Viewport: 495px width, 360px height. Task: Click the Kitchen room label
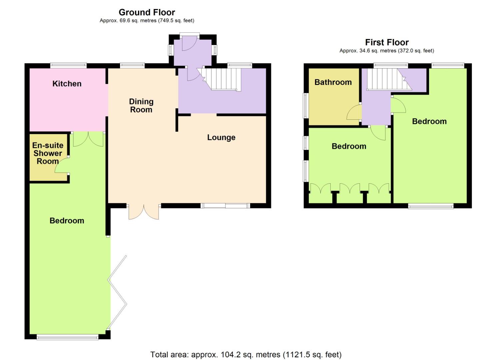[67, 84]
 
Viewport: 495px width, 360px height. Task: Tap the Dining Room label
[141, 106]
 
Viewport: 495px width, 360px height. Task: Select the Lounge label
[221, 137]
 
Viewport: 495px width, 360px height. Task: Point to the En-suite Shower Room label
[48, 153]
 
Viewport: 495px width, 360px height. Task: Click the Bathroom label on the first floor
[333, 82]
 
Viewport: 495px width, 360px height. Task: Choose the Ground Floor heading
[147, 12]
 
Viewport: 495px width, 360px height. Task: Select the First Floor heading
[387, 42]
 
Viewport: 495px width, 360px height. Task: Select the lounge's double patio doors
[144, 212]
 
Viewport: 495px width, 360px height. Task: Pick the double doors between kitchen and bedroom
[88, 139]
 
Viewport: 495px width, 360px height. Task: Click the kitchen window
[68, 65]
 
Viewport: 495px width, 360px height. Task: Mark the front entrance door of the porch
[189, 43]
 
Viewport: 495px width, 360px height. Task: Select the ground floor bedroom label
[67, 221]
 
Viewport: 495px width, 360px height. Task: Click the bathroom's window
[306, 106]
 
